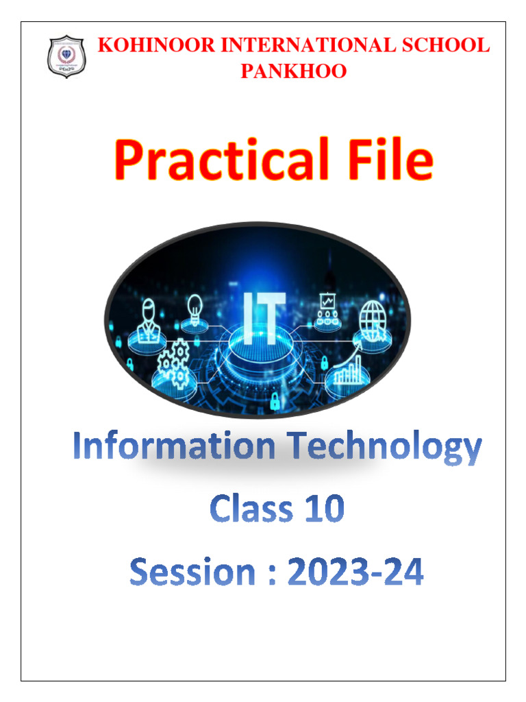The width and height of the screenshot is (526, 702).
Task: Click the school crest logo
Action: click(x=66, y=57)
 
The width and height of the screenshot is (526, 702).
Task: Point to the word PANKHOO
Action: click(x=293, y=71)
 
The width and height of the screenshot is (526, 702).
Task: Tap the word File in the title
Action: click(x=384, y=160)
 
